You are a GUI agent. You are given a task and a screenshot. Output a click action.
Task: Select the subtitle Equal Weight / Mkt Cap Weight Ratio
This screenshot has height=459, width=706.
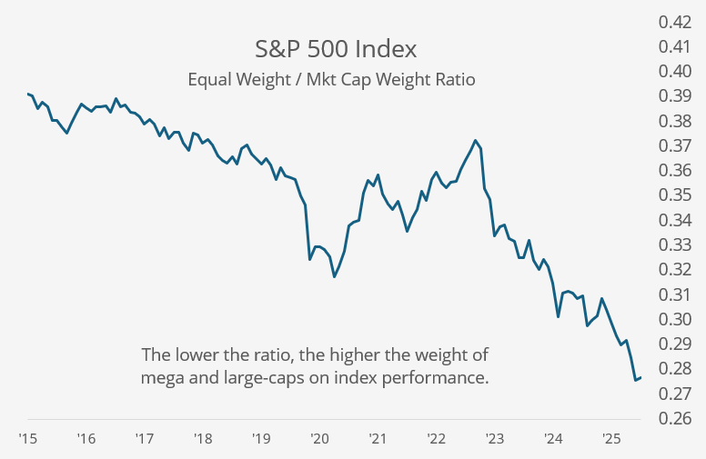[331, 79]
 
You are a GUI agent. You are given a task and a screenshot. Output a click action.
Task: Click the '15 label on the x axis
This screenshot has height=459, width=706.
[27, 439]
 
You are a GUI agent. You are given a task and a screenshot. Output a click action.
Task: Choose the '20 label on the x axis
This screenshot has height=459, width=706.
[319, 439]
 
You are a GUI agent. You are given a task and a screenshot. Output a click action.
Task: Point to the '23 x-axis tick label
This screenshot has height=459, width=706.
[495, 439]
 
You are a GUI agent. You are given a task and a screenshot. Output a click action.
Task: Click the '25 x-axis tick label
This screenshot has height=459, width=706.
[611, 439]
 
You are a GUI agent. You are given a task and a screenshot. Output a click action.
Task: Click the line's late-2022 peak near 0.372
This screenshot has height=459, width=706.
[475, 140]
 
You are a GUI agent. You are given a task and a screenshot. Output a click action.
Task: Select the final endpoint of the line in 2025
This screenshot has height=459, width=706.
[640, 377]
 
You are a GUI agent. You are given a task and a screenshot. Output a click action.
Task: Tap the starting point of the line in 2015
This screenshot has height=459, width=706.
[28, 94]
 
